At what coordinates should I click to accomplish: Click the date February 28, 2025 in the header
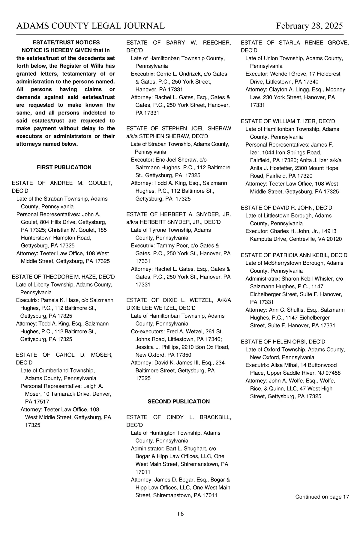309,26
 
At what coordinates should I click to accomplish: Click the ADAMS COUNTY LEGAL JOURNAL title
90,26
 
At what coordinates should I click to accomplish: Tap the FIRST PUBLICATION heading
64,167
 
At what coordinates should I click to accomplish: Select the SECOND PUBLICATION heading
178,401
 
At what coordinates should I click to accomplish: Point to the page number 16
180,514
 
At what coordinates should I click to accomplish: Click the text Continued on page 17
322,497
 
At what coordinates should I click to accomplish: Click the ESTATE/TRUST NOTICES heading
66,42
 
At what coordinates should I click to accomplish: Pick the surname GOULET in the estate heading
100,183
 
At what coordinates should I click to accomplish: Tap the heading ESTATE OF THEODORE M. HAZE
63,277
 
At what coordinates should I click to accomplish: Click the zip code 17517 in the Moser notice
41,402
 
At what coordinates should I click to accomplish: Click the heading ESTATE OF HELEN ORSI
283,342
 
